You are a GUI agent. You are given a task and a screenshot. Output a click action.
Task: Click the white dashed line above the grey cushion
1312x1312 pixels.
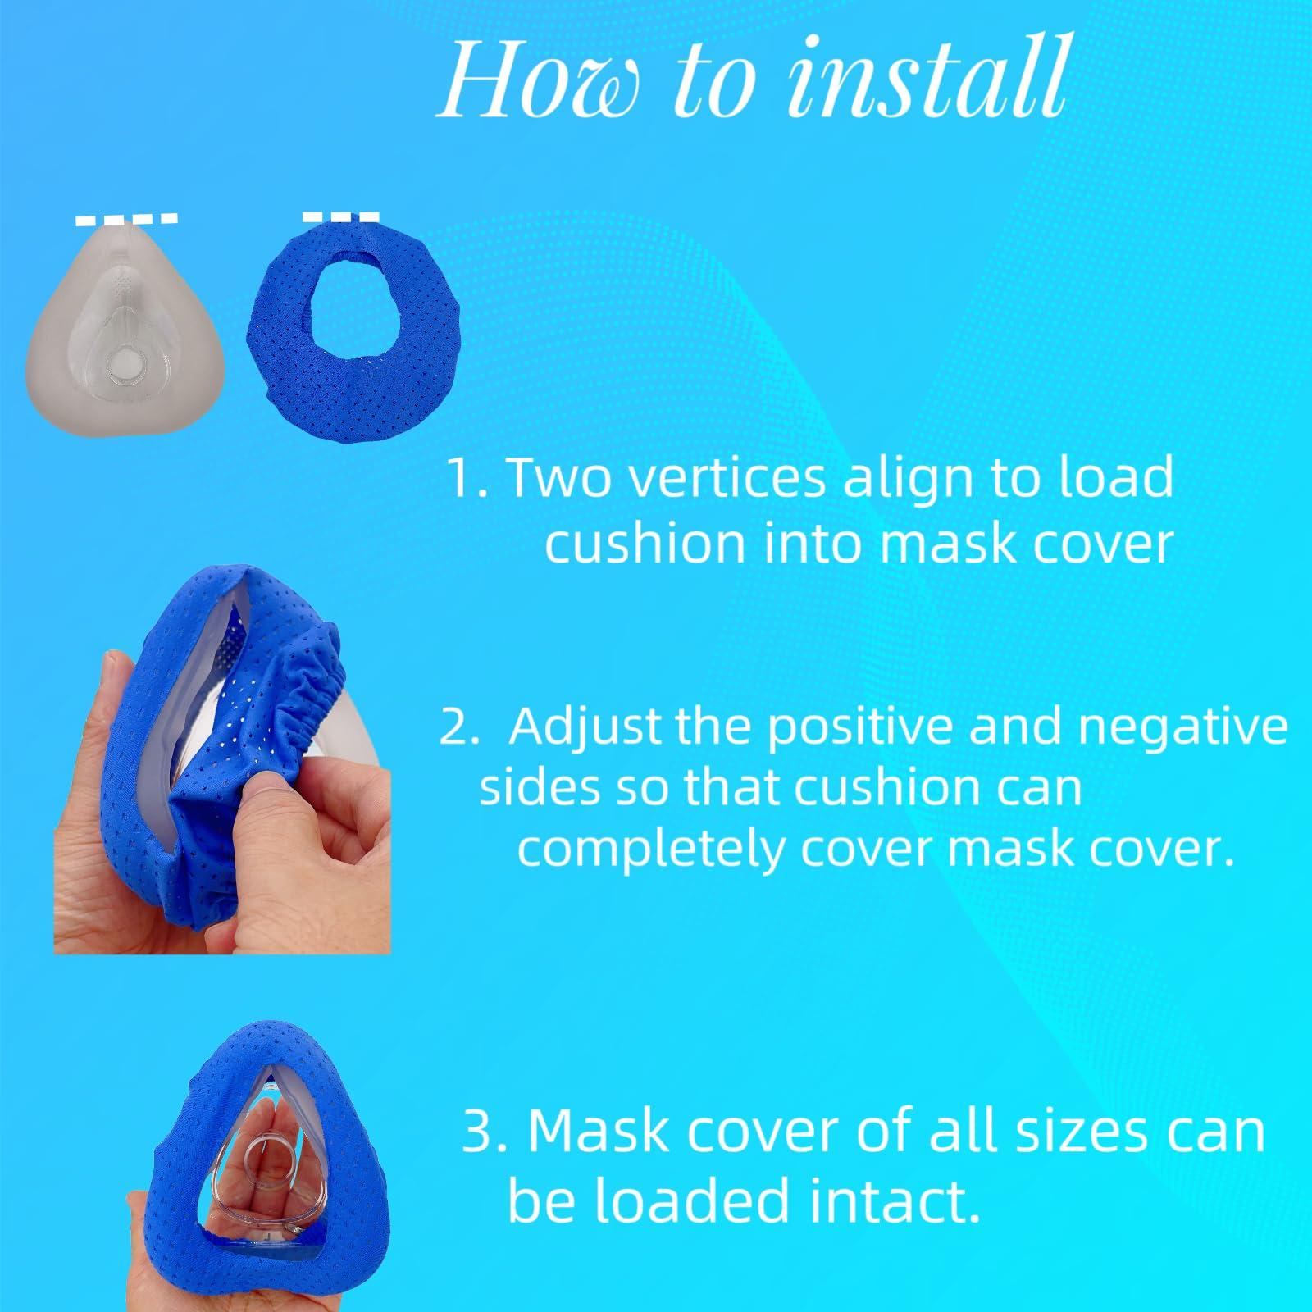coord(126,220)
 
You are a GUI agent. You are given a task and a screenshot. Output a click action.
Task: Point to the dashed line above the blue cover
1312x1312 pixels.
coord(340,217)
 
